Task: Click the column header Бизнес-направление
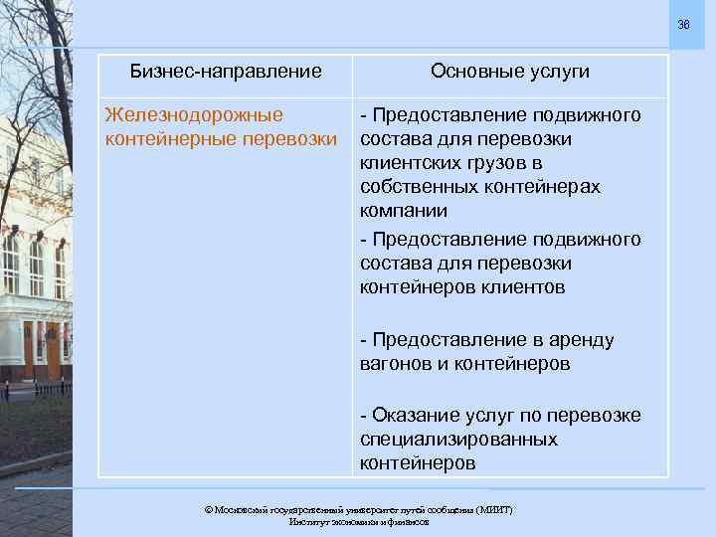(x=227, y=72)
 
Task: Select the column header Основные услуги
(x=510, y=72)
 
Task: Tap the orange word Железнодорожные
(x=194, y=115)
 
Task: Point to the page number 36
(x=683, y=24)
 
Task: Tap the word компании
(x=404, y=211)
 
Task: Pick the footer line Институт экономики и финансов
(x=358, y=521)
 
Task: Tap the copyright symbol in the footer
(x=209, y=509)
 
